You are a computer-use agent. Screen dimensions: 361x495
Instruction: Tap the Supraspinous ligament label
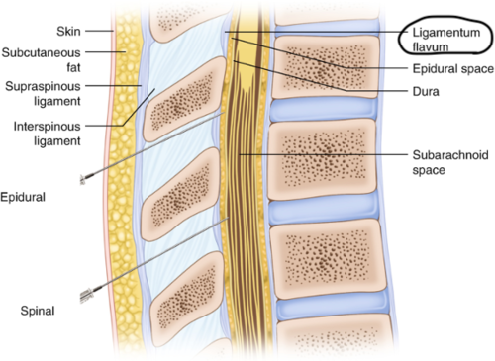tap(43, 95)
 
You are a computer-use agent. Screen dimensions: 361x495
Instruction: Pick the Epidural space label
tap(448, 70)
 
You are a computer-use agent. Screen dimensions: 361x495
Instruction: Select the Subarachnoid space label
tap(445, 162)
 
